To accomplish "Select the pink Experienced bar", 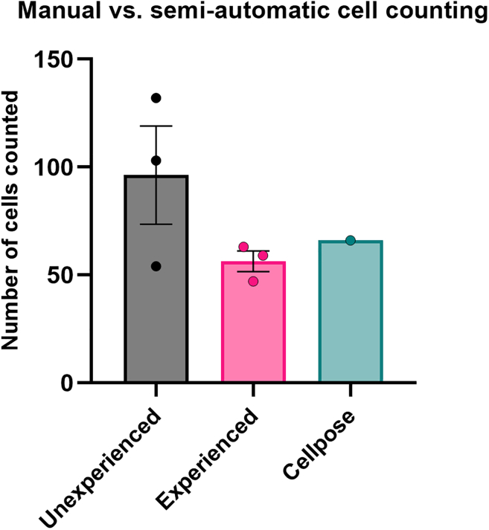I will click(253, 335).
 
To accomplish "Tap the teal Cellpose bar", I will click(351, 320).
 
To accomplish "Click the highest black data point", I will click(156, 98).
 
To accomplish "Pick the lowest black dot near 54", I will click(156, 266).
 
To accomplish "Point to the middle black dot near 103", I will click(156, 161).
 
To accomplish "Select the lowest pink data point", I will click(253, 281).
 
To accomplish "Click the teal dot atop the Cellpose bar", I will click(351, 240).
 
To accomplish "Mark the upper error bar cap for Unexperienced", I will click(156, 126).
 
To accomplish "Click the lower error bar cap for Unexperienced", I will click(156, 224).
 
